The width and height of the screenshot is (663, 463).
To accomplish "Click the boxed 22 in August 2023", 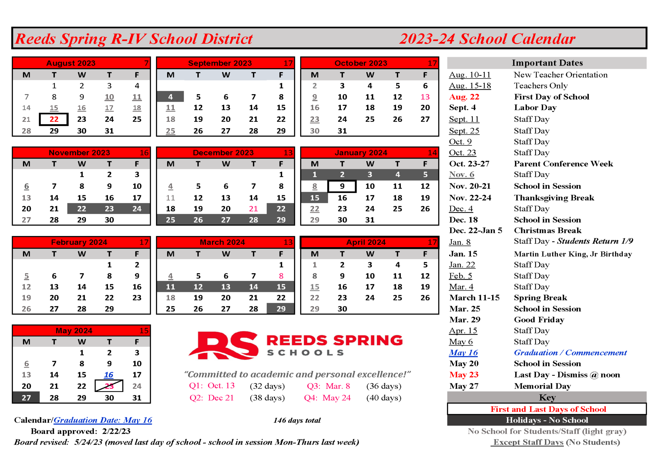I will click(54, 119).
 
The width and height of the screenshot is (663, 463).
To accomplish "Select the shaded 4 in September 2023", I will click(170, 97).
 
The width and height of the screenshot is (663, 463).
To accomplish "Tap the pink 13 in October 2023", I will click(425, 97).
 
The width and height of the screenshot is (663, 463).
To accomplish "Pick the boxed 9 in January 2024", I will click(342, 186).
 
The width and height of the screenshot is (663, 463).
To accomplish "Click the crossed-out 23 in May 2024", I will click(109, 386).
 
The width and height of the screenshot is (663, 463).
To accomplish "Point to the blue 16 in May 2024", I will click(109, 375).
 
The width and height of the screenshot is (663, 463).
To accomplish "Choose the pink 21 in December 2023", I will click(253, 209).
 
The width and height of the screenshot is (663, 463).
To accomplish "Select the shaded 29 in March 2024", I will click(281, 309).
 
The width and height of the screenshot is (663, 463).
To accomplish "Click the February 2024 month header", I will click(79, 242).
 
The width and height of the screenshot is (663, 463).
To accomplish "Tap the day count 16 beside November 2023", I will click(144, 153).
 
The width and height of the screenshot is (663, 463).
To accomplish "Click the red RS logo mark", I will click(224, 345).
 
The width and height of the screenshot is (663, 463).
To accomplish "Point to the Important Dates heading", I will click(547, 63).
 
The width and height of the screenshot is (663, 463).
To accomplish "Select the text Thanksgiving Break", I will click(554, 198).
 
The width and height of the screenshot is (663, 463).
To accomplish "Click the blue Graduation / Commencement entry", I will click(570, 353).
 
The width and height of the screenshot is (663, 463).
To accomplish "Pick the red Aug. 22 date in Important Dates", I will click(464, 97).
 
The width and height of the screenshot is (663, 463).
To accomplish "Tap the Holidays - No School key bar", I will click(547, 420).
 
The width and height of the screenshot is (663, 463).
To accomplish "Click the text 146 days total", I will click(297, 420).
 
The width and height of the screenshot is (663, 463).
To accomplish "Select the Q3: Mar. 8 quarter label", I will click(328, 386).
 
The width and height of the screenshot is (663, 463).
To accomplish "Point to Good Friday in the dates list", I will click(539, 320).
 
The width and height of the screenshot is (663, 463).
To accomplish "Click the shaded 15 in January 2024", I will click(314, 198).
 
